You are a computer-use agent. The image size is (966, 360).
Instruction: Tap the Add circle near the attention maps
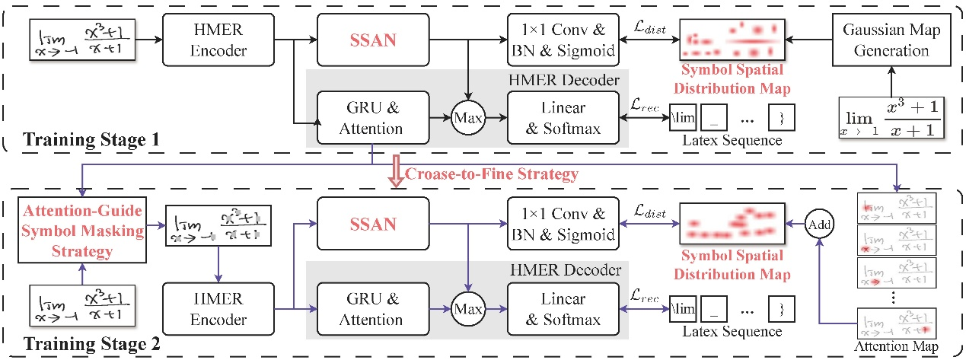click(819, 225)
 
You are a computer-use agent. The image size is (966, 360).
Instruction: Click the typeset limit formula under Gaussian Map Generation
click(888, 118)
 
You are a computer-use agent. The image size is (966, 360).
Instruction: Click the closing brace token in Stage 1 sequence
click(778, 118)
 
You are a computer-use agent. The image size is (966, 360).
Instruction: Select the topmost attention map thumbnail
click(896, 207)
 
